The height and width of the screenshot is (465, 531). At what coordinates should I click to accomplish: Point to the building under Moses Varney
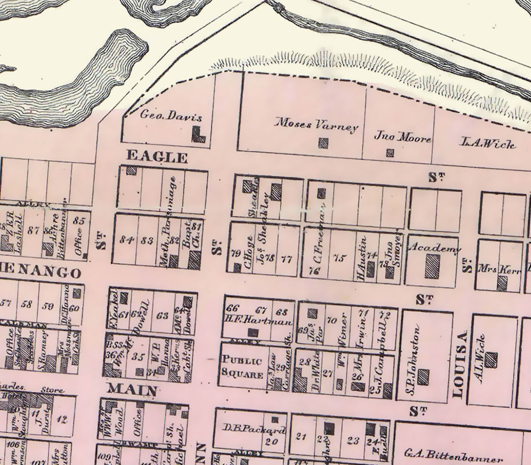[323, 143]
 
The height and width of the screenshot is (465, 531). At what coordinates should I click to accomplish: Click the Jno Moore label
[402, 137]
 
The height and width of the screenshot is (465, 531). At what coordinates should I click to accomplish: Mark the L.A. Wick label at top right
[488, 143]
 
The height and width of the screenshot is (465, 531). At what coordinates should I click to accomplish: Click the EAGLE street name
[157, 156]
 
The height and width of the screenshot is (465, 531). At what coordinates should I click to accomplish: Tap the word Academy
[434, 248]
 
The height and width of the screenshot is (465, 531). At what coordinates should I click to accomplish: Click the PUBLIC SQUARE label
[242, 367]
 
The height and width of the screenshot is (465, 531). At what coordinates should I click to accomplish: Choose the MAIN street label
[132, 389]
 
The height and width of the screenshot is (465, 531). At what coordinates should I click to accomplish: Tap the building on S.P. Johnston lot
[423, 377]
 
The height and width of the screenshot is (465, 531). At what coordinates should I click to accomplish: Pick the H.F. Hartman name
[259, 322]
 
